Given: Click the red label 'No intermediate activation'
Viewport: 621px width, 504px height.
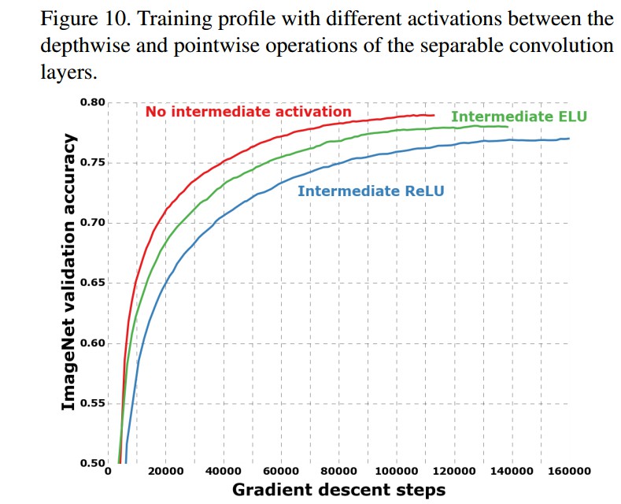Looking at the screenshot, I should click(x=248, y=112).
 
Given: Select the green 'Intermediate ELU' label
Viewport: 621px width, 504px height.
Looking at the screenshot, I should click(x=519, y=117).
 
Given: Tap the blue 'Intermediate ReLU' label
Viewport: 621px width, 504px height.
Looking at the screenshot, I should click(x=371, y=191).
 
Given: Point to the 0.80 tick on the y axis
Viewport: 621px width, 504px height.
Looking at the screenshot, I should click(x=93, y=102).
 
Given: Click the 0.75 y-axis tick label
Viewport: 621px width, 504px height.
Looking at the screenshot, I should click(x=93, y=163).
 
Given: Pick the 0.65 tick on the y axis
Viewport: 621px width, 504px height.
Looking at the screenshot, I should click(x=93, y=283).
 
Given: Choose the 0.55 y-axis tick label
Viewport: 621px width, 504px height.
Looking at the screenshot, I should click(x=93, y=403).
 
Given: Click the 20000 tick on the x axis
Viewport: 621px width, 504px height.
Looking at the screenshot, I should click(x=165, y=471).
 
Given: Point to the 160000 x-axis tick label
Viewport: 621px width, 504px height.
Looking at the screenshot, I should click(x=569, y=471).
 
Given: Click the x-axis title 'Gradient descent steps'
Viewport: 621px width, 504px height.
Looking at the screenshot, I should click(x=338, y=490).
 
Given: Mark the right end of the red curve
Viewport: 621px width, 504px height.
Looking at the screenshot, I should click(x=434, y=115).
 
